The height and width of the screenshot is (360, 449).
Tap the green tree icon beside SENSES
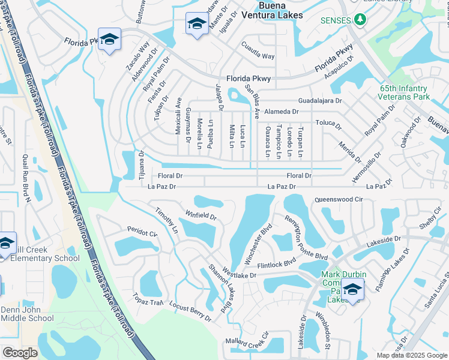pos(360,20)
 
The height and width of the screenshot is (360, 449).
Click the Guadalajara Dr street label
pos(322,101)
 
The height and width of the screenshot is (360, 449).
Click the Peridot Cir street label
pos(142,232)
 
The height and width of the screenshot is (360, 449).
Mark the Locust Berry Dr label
pos(190,311)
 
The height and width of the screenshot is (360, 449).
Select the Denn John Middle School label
pos(27,314)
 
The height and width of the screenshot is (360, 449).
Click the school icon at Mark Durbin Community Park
pos(352,290)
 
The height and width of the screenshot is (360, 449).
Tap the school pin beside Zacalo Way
pos(109,40)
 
